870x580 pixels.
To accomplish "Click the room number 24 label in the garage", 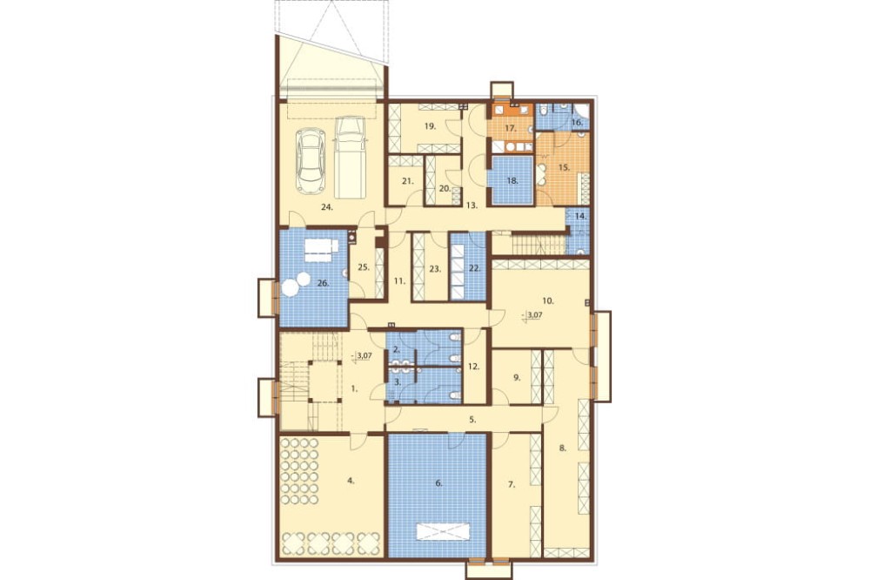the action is coord(327,207).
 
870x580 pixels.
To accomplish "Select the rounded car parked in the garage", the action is coord(311,161).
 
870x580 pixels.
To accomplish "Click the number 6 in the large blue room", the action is coord(438,483).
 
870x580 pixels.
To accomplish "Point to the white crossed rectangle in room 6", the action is coord(444,531).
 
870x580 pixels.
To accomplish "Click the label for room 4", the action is coord(351,480).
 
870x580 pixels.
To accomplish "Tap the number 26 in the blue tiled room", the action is coord(324,283).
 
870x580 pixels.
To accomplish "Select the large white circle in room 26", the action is coord(290,288).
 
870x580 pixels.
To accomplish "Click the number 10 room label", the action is coord(548,300).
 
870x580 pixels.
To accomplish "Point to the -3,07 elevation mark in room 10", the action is coord(532,315).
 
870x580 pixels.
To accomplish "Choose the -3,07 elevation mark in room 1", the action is coord(362,356).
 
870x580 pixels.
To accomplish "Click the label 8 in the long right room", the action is coord(563,448).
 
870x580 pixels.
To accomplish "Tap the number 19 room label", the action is coord(430,126).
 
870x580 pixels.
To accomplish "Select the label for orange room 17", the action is coord(511,128).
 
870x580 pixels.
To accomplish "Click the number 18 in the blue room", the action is coord(512,180).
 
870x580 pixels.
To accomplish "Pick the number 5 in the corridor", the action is coord(472,420).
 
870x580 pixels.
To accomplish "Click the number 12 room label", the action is coord(473,367).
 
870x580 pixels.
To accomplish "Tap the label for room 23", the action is coord(436,269).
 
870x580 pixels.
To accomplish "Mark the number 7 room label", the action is coord(512,484).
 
